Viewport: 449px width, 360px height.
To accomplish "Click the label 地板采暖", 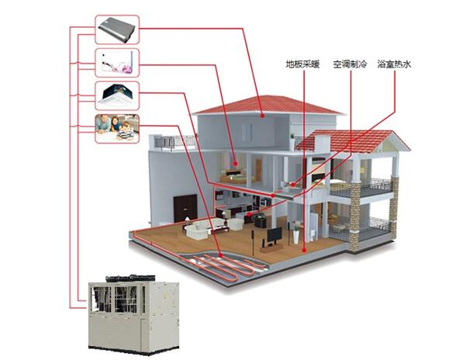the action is [x=302, y=64].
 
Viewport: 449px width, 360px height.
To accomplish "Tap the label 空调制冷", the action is [x=350, y=64].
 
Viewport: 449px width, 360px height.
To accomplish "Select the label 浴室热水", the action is [x=394, y=64].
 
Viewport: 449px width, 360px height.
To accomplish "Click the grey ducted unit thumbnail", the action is [x=117, y=29].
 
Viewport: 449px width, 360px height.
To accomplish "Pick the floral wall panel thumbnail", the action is [x=117, y=63].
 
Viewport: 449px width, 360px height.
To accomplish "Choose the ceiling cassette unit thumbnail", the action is [x=117, y=95].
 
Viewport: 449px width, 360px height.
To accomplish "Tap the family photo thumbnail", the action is [x=117, y=129].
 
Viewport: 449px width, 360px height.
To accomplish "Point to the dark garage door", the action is [x=185, y=209].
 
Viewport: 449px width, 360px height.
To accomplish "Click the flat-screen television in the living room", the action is [x=275, y=236].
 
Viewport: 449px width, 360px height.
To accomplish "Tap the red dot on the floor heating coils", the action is [x=220, y=255].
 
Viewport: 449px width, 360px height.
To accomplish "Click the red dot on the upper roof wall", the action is [x=262, y=116].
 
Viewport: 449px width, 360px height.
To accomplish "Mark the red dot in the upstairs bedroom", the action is [x=235, y=164].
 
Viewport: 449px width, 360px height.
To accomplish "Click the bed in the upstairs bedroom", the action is [x=233, y=176].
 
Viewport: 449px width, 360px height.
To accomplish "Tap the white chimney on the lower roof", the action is [x=322, y=144].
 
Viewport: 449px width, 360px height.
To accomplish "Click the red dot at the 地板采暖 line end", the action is [x=304, y=251].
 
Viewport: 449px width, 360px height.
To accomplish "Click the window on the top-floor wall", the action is [x=247, y=132].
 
